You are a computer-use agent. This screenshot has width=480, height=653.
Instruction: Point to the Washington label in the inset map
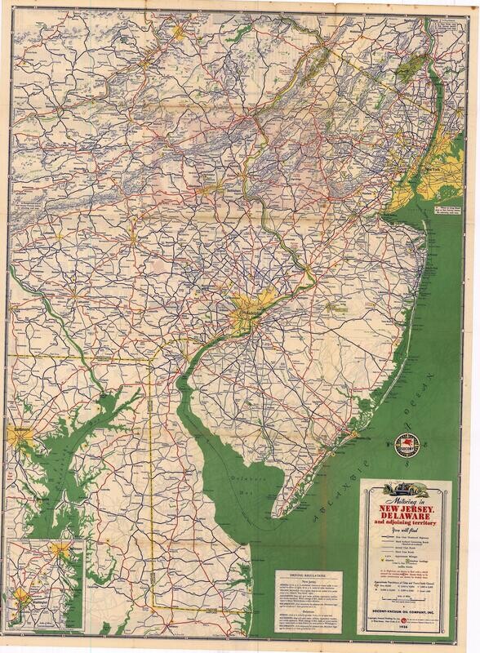click(29, 604)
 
